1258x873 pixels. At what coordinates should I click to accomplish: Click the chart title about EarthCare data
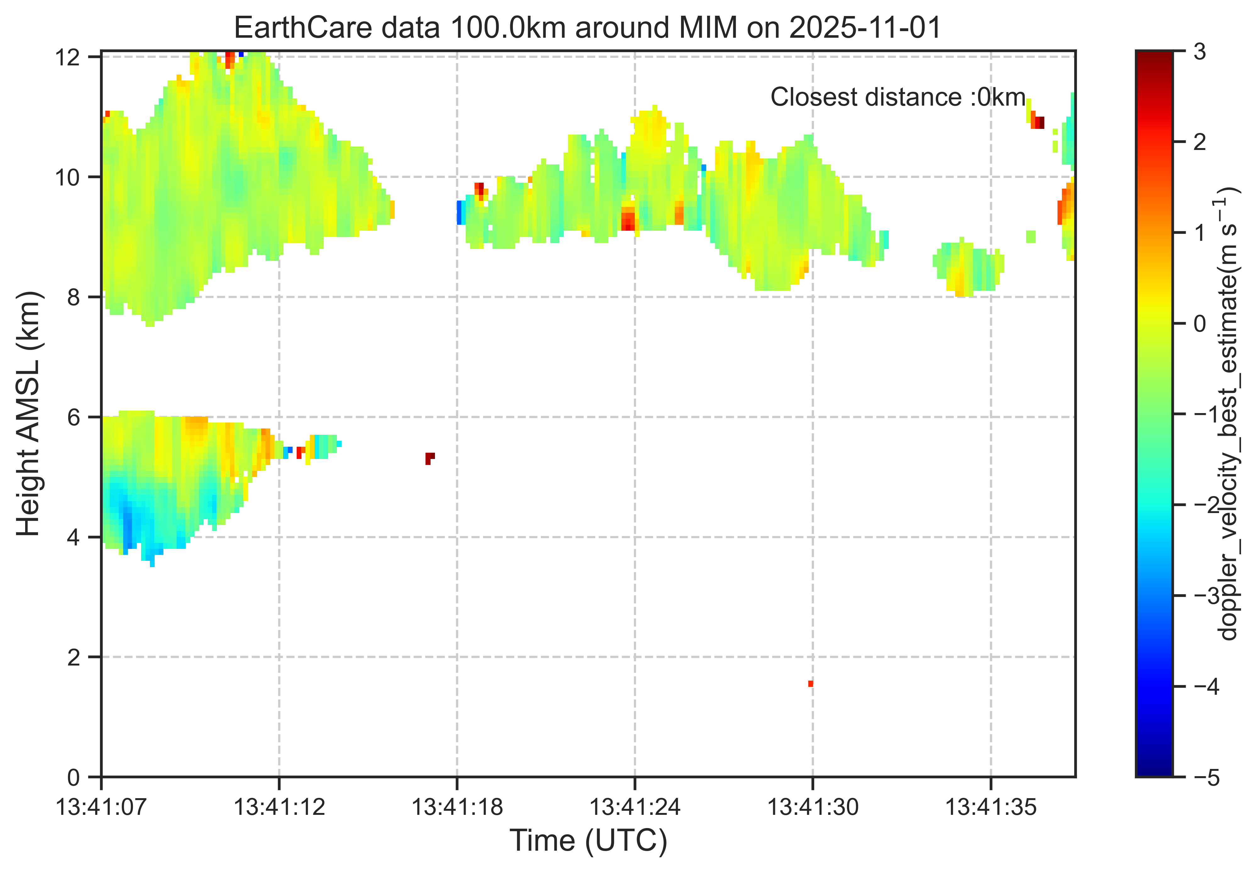pos(588,27)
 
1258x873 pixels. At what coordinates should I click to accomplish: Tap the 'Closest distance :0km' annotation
pos(898,97)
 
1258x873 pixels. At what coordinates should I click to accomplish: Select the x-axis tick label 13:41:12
pos(279,807)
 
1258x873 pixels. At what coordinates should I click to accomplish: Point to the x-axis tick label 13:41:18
pos(457,807)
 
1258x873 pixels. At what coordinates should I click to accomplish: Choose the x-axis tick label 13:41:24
pos(635,807)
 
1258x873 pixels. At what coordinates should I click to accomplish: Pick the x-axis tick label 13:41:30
pos(813,807)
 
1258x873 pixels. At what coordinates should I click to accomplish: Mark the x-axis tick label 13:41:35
pos(991,807)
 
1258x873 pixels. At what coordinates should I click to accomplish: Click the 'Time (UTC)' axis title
pos(588,841)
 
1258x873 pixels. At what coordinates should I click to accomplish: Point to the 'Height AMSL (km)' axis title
pos(28,414)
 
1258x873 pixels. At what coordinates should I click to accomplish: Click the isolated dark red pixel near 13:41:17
pos(430,457)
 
